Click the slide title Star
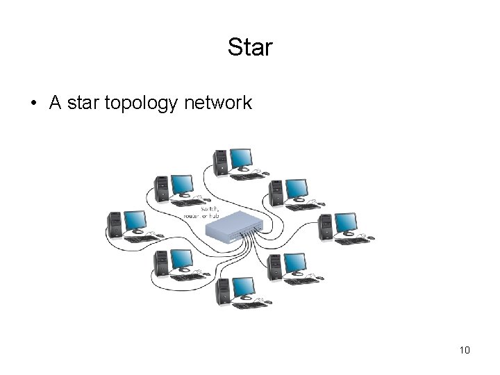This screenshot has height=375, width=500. point(250,48)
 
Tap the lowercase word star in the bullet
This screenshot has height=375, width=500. point(85,103)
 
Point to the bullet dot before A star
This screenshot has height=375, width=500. point(33,104)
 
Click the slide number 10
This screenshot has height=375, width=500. point(465,350)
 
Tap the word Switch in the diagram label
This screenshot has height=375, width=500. point(210,208)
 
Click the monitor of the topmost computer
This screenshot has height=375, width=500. point(241,158)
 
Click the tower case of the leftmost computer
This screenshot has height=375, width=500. point(114,224)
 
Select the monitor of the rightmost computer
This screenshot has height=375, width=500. point(345,222)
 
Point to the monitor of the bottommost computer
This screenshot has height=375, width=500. point(242,286)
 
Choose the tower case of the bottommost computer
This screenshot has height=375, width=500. point(222,291)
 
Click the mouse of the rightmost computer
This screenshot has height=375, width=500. point(371,238)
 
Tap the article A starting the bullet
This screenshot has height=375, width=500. point(55,103)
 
